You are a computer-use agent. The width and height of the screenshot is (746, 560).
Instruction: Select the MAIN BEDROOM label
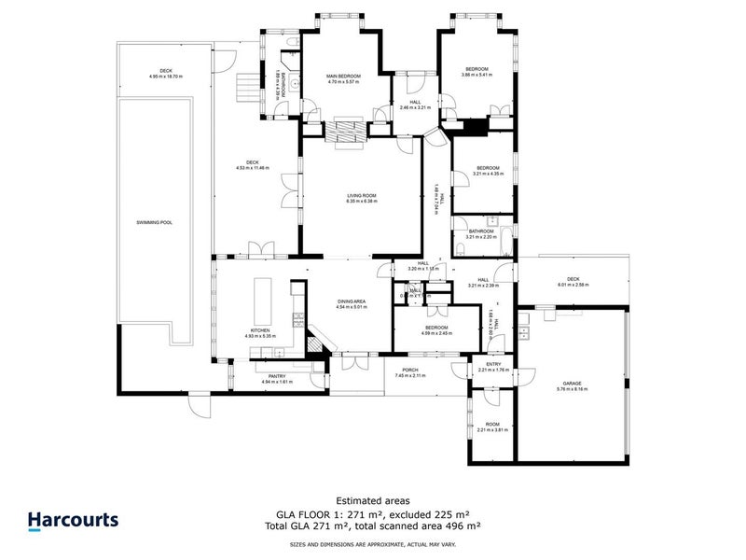point(342,76)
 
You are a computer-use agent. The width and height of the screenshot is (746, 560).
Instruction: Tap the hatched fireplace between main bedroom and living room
point(346,133)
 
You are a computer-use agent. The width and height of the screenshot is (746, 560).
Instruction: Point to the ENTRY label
point(493,364)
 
